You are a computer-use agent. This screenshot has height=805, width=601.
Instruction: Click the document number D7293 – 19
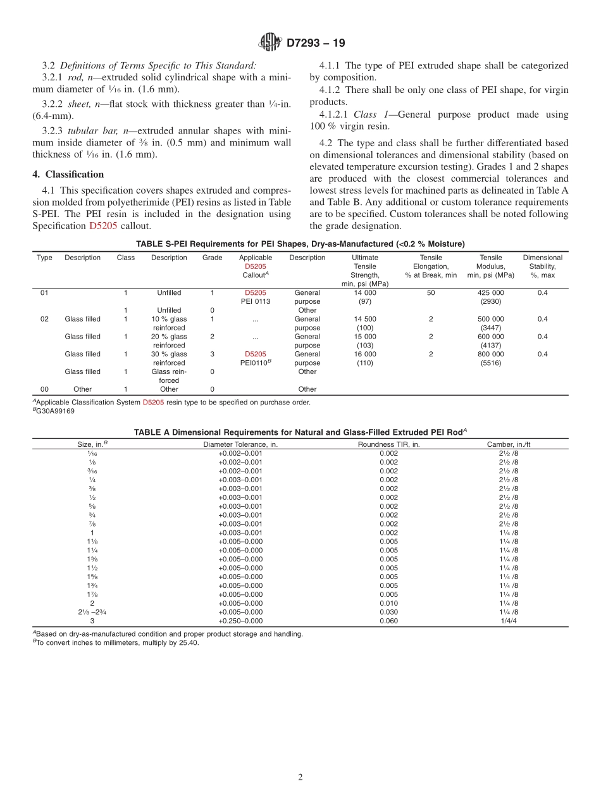[316, 43]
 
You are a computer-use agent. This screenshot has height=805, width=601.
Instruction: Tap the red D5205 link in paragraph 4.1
[103, 225]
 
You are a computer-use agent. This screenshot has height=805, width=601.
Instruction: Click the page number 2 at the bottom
[300, 777]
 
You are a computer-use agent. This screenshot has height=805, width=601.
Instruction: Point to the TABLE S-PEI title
[300, 244]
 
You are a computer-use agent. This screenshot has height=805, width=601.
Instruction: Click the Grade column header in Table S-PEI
[212, 258]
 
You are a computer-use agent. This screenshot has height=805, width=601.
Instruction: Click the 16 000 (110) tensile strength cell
[365, 358]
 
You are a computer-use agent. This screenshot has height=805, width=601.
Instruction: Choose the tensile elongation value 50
[431, 292]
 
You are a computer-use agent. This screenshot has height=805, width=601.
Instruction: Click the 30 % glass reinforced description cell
[169, 358]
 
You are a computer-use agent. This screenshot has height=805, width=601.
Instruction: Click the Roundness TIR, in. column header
[388, 444]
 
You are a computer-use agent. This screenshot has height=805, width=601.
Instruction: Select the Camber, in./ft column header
[508, 444]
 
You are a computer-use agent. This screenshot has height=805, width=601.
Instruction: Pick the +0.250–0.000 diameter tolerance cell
[240, 621]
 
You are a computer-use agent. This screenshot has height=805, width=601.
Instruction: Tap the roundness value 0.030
[388, 612]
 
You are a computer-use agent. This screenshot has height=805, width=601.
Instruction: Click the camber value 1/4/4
[508, 621]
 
